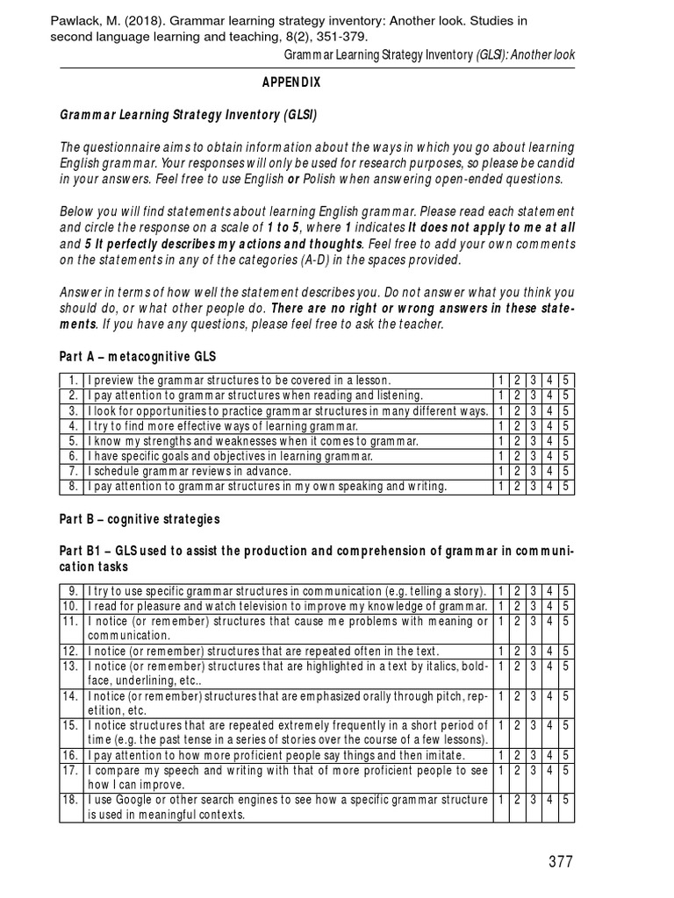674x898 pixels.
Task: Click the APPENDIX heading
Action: [290, 82]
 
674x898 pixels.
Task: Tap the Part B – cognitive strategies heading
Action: [140, 519]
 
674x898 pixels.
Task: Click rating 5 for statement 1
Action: [567, 380]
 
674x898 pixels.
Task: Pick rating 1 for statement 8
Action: [500, 486]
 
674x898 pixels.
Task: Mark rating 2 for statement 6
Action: [517, 456]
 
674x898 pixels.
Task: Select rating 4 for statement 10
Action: [550, 606]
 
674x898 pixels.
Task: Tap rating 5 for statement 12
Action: [567, 652]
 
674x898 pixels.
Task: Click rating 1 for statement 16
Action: [500, 756]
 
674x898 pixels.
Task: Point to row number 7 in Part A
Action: [74, 471]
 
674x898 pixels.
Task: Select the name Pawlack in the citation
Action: [75, 20]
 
